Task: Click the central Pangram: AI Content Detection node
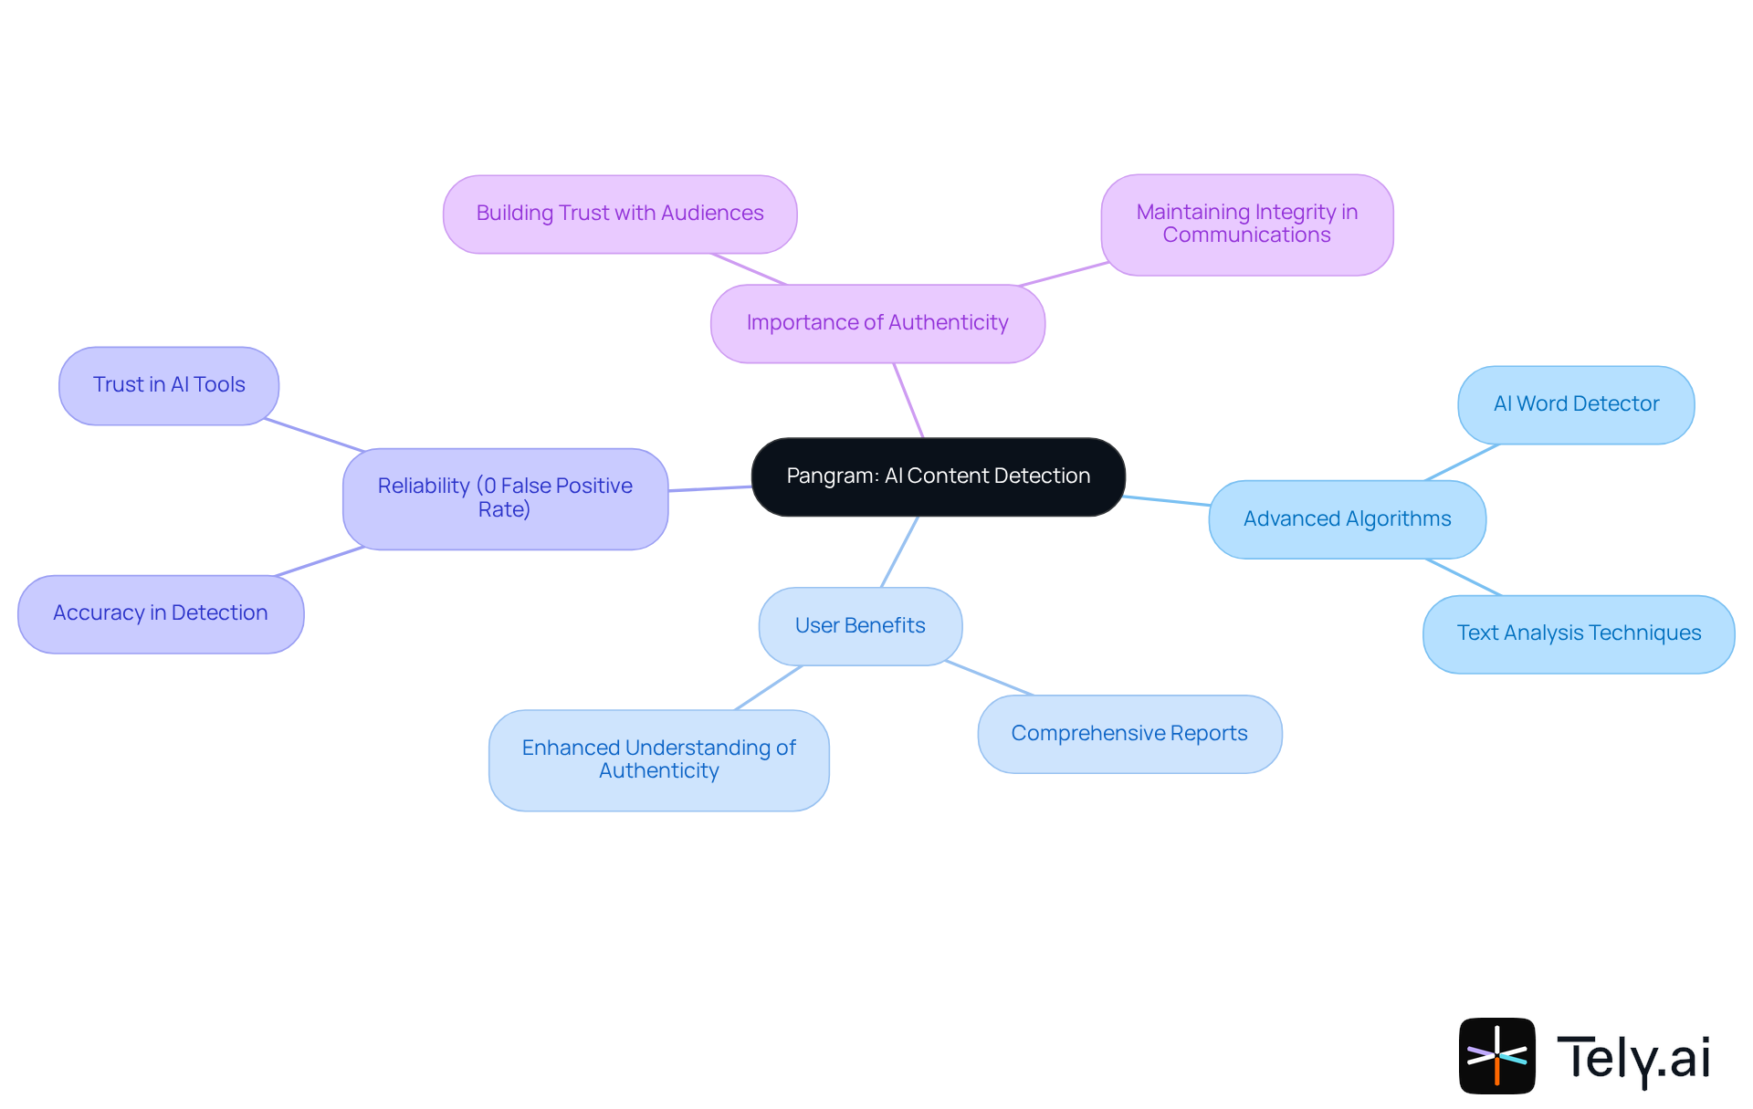[938, 476]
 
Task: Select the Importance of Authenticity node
[876, 323]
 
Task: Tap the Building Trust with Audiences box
[619, 214]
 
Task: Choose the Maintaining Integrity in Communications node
[1246, 225]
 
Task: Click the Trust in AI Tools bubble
[169, 385]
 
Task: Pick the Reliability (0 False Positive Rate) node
[505, 498]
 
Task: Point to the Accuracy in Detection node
[161, 613]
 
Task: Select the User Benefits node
[860, 626]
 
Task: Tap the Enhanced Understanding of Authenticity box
[658, 759]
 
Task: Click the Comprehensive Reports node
[1129, 734]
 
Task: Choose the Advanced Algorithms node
[1347, 519]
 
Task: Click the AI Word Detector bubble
[1576, 404]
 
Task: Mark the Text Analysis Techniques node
[1579, 633]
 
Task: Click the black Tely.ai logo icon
[1496, 1056]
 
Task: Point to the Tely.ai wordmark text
[1632, 1058]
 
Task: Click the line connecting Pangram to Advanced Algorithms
[1167, 500]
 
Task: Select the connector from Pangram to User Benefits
[899, 551]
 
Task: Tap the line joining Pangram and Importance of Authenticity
[908, 400]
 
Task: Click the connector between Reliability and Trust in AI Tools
[313, 435]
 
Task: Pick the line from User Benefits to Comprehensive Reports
[990, 678]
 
